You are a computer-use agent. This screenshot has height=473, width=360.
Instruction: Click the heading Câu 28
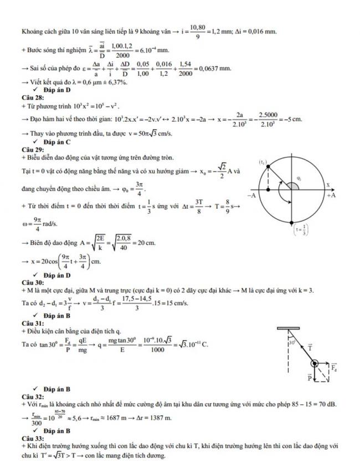(x=30, y=97)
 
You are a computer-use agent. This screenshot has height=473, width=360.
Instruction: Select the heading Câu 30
(x=30, y=282)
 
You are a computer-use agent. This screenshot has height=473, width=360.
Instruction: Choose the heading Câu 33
(x=30, y=437)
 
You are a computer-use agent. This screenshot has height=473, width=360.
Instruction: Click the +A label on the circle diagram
(x=331, y=196)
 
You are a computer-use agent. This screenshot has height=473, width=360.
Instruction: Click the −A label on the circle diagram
(x=251, y=196)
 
